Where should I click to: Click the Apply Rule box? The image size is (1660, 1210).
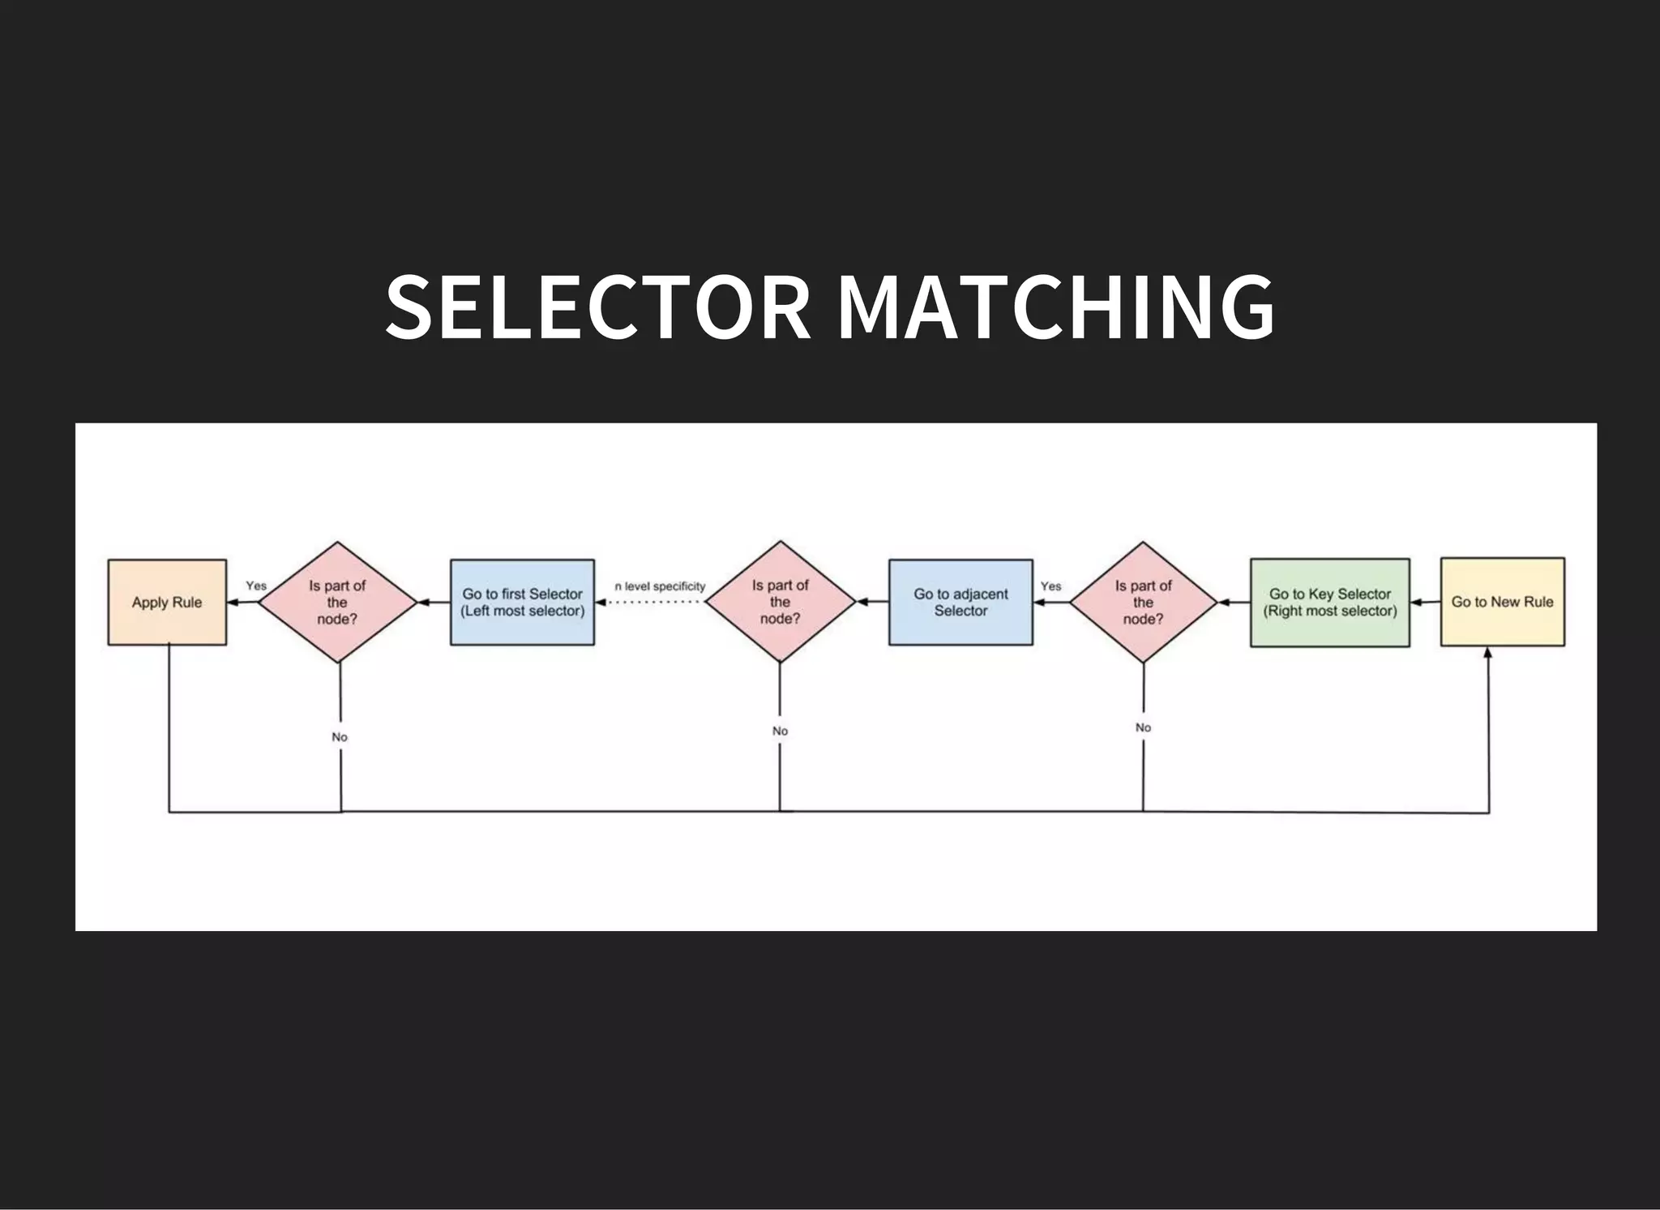(x=167, y=602)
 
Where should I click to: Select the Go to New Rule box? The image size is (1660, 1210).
(x=1502, y=602)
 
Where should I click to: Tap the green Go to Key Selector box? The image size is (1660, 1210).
(x=1329, y=602)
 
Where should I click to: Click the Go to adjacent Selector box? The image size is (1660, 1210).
(x=960, y=602)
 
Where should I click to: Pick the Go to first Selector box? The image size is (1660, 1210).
(x=522, y=602)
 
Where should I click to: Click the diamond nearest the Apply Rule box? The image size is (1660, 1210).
(x=337, y=602)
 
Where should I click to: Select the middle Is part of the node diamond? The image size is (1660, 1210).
(x=780, y=602)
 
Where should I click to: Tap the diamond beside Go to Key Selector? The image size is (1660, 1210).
(x=1143, y=602)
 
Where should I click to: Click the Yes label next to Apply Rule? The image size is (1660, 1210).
(x=256, y=586)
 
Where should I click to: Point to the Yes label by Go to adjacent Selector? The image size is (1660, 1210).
(x=1050, y=586)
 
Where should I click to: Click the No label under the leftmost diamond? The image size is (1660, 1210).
(x=340, y=736)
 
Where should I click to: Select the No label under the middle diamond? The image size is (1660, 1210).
(x=780, y=731)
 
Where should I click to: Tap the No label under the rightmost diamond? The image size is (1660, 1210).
(x=1143, y=727)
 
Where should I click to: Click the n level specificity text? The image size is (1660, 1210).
(x=660, y=586)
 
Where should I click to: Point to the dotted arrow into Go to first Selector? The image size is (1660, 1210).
(x=648, y=602)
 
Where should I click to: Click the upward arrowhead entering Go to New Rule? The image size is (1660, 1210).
(x=1488, y=653)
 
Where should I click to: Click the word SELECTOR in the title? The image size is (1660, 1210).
(x=598, y=307)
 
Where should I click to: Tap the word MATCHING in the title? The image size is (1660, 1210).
(x=1056, y=307)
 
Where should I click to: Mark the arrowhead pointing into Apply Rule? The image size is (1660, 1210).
(x=233, y=602)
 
